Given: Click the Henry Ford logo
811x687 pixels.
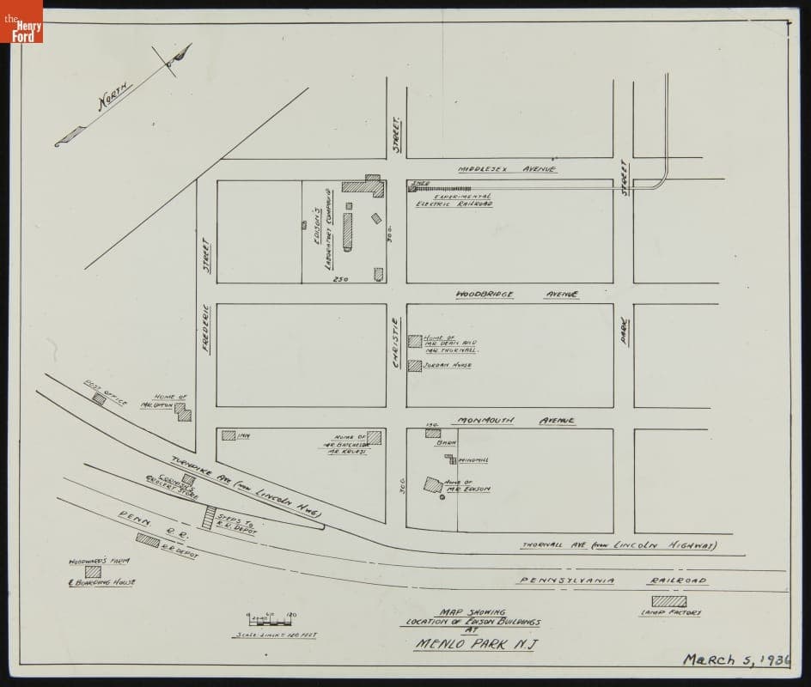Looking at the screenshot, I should click(x=21, y=21).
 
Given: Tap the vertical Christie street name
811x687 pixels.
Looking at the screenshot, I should click(x=396, y=342).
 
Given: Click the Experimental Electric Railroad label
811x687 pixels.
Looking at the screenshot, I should click(x=454, y=200).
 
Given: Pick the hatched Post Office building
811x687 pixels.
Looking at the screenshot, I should click(x=100, y=398).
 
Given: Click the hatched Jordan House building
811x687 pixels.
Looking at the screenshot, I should click(x=415, y=366).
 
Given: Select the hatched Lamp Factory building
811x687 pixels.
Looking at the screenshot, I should click(x=668, y=601).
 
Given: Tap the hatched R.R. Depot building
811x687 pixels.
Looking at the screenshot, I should click(x=148, y=540).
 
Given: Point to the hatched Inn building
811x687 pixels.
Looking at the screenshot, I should click(x=229, y=435).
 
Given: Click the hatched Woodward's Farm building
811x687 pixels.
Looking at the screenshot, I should click(x=93, y=571).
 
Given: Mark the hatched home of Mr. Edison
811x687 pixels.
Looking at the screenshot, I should click(x=433, y=485).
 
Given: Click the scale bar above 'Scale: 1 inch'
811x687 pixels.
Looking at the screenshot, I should click(x=271, y=618).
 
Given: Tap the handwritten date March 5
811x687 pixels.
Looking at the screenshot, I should click(x=735, y=660).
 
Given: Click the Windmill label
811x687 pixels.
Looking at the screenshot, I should click(x=473, y=460).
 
